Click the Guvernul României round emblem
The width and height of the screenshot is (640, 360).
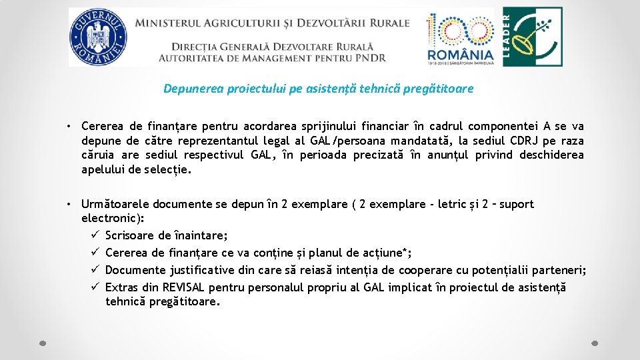point(97,37)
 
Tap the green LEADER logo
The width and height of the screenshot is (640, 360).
point(531,37)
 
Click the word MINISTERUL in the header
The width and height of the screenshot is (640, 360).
point(167,23)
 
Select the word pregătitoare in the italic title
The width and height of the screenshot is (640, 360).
point(441,89)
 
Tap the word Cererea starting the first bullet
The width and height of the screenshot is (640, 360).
point(103,126)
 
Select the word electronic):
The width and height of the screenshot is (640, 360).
point(112,218)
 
